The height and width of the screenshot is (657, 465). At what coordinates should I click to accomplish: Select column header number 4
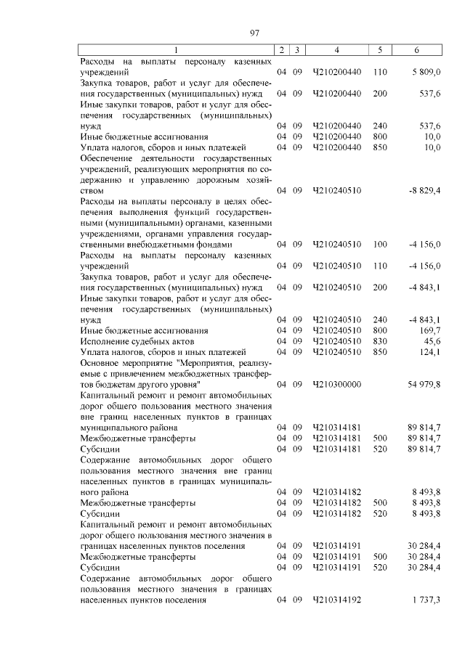click(336, 49)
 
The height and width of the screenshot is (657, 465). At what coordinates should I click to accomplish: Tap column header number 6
click(416, 49)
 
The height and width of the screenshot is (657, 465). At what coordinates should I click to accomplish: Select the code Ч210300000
click(336, 384)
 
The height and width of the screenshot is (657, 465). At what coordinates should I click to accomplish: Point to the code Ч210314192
click(336, 600)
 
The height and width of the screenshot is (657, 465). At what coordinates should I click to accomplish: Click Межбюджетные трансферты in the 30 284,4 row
click(137, 557)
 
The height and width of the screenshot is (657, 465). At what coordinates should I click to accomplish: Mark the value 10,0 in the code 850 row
click(431, 147)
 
